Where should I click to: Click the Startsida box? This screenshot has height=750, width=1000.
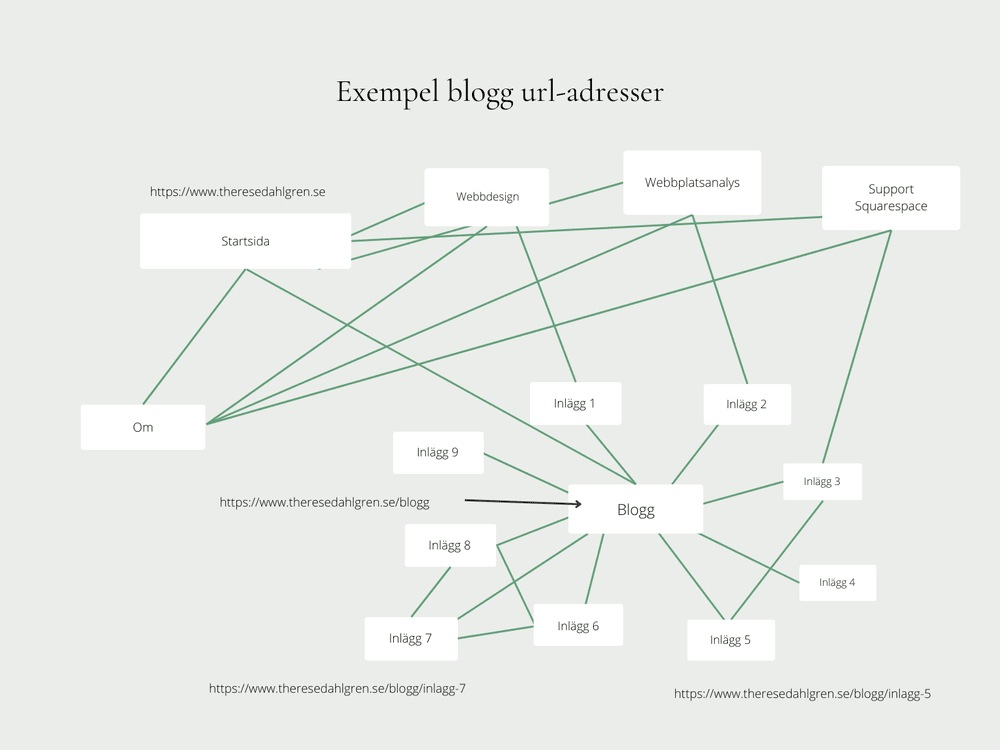245,241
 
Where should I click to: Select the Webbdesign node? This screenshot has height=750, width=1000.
487,197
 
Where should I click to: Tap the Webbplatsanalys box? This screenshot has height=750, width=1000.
692,183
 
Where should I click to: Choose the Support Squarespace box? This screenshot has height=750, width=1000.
891,198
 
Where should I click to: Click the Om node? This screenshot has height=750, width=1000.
143,427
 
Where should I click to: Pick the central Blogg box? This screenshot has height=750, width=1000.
636,510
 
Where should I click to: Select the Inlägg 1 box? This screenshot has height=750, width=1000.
575,404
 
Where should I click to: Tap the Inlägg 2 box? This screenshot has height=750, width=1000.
747,405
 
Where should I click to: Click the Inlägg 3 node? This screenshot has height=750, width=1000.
822,481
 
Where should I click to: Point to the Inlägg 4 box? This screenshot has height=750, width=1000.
837,582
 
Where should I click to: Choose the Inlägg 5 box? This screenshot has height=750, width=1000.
730,640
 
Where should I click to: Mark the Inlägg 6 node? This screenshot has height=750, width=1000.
578,626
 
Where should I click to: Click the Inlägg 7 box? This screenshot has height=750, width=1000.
411,639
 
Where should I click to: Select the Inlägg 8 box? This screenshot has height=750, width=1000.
450,546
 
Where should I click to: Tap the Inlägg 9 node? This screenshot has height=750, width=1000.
438,452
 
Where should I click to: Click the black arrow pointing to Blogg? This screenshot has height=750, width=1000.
522,502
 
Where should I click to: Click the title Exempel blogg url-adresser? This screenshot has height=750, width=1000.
500,92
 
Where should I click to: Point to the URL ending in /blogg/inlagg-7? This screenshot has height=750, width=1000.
337,688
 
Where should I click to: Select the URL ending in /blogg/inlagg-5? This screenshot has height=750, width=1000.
802,693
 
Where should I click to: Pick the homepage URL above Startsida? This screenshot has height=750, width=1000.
237,192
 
